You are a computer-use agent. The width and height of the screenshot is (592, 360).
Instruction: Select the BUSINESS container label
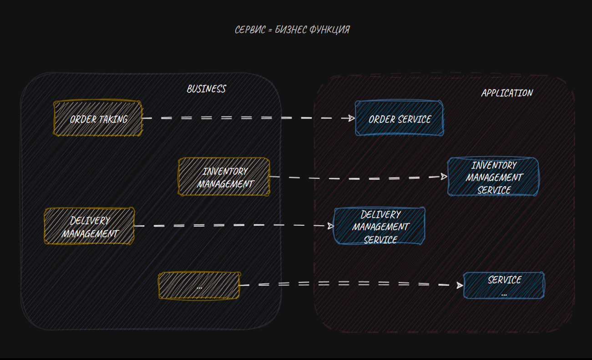coord(206,89)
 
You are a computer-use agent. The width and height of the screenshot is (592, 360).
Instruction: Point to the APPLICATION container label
coord(507,93)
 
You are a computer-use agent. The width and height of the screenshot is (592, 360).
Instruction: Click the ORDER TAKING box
coord(98,119)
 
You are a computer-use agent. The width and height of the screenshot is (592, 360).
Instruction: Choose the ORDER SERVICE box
coord(399,119)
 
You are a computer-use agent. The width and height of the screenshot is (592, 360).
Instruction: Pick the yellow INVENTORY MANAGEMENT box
coord(224,177)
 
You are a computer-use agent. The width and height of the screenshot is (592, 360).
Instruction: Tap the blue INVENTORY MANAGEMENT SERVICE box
coord(493,177)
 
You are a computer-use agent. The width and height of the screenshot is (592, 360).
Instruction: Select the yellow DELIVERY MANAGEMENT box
coord(89,226)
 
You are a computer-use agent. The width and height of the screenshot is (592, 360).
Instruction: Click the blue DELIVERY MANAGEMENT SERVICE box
coord(379,226)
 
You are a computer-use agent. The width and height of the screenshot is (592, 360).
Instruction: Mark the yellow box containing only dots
coord(199,285)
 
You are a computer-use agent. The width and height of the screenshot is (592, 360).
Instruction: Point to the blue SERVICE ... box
coord(504,285)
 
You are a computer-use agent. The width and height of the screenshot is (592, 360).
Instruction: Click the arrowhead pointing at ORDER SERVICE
coord(351,118)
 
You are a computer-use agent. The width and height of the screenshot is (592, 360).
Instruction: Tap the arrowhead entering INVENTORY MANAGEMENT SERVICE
coord(444,177)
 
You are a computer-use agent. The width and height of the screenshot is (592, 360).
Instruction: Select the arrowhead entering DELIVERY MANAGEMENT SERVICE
coord(330,226)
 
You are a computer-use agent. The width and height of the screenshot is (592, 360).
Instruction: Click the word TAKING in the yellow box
coord(113,119)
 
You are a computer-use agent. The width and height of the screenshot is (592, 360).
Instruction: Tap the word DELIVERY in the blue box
coord(380,214)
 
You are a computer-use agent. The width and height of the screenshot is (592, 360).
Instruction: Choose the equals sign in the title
coord(270,30)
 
